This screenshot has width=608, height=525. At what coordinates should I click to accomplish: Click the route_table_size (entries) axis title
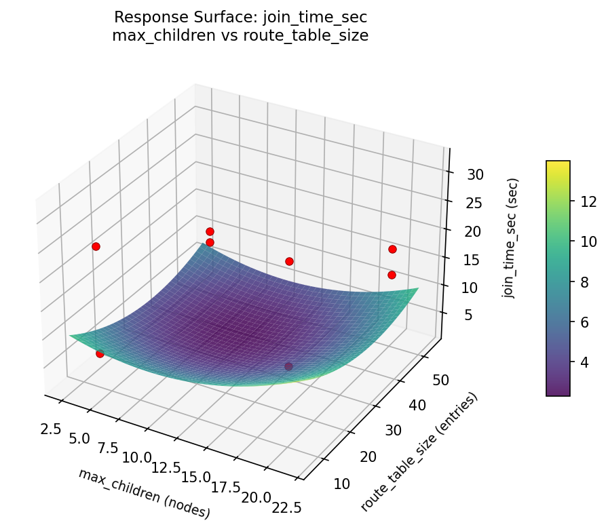pos(419,451)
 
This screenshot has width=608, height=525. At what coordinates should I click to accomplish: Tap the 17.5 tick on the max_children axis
pos(227,488)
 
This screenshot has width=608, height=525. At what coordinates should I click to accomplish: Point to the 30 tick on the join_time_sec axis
pos(475,174)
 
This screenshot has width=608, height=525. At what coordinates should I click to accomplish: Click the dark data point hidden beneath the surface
pos(288,366)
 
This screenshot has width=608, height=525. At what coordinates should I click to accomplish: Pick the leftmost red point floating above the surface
pos(96,246)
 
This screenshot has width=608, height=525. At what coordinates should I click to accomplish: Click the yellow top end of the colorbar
pos(558,165)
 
